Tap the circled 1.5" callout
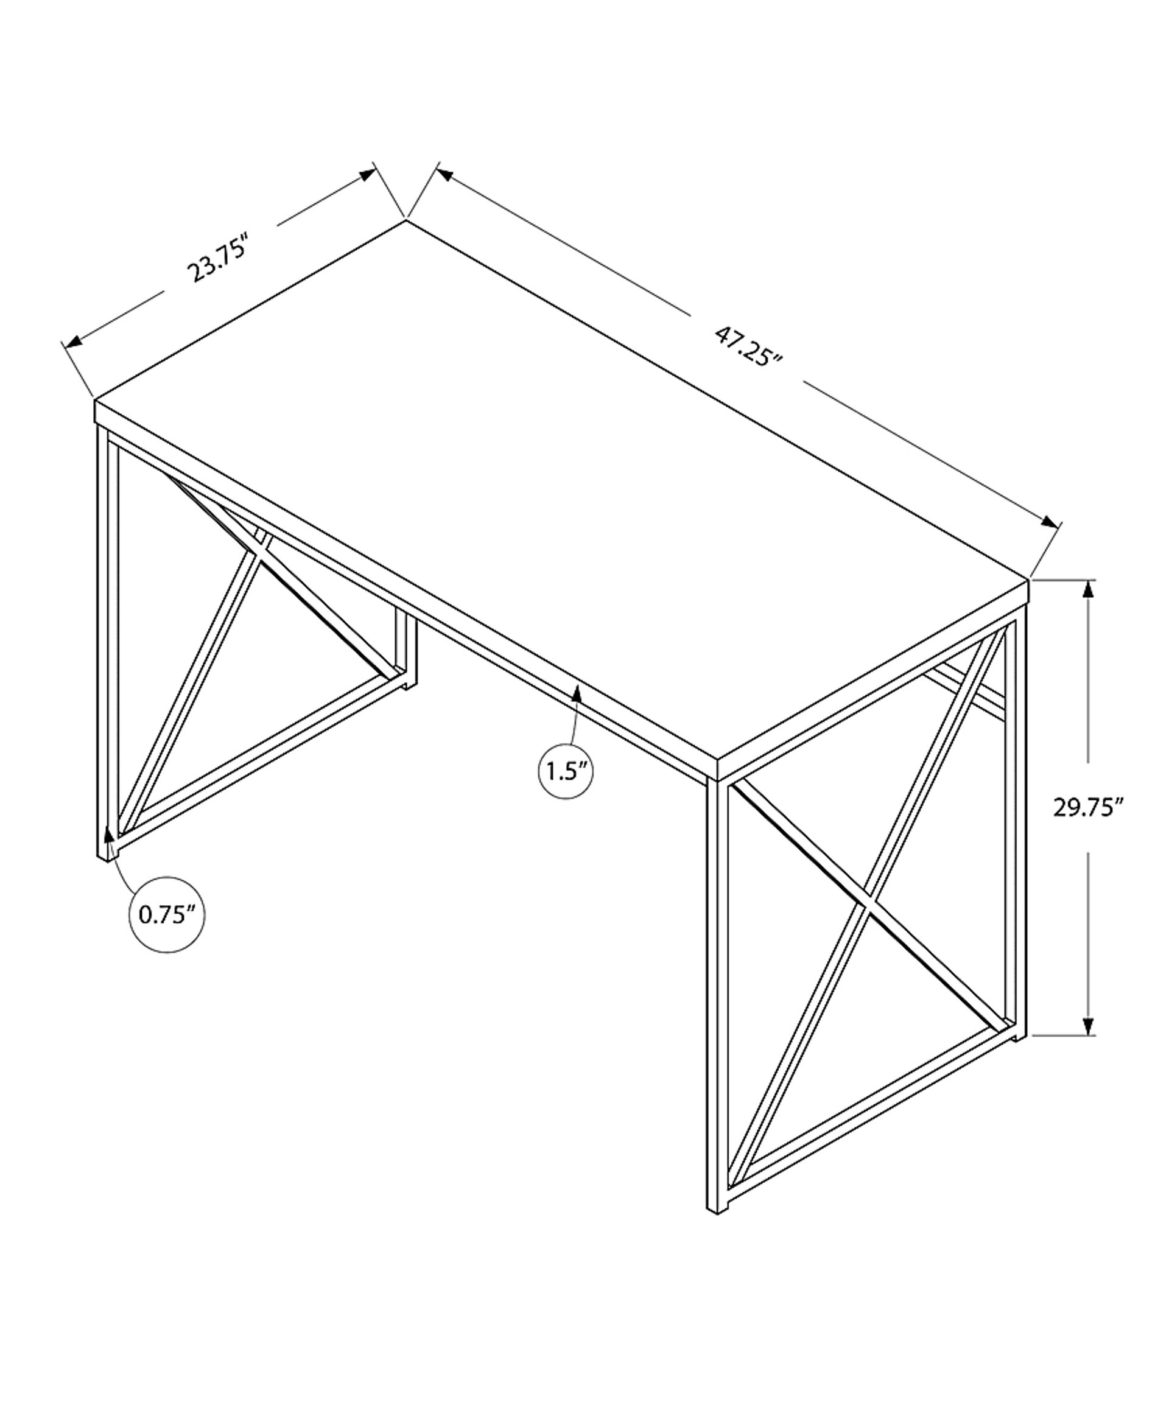pos(566,771)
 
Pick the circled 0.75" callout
pos(166,915)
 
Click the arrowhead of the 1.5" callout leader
pos(577,693)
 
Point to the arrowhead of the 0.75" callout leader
pos(108,836)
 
